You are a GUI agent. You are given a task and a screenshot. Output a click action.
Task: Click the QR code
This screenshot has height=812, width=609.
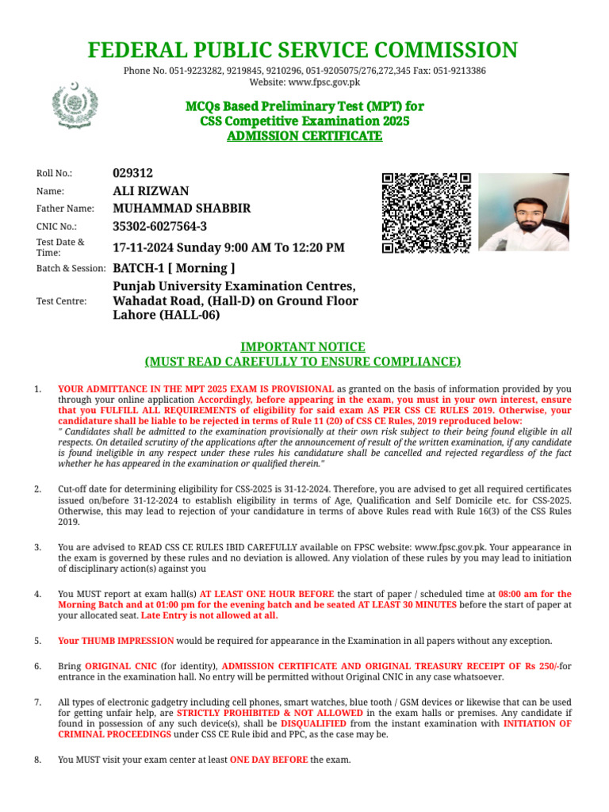coord(427,213)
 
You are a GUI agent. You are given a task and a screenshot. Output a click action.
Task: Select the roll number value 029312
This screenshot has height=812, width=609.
coord(133,173)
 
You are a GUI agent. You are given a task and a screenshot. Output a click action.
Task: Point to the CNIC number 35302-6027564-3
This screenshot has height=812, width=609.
coord(160,227)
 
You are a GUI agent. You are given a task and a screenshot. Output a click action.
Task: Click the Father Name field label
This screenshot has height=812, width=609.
coord(65,209)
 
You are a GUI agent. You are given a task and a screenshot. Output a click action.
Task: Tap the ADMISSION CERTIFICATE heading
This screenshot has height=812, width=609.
coord(304,136)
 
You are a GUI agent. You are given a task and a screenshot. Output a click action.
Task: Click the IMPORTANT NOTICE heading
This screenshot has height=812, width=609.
coord(304,347)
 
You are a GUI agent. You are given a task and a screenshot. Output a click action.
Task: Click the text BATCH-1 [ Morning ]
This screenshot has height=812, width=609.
coord(174,268)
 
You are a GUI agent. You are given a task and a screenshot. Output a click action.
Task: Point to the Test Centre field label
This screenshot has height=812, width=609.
coord(62,301)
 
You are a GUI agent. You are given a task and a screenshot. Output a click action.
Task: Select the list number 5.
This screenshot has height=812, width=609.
coord(37,641)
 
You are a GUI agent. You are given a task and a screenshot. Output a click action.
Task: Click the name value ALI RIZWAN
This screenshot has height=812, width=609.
coord(151,190)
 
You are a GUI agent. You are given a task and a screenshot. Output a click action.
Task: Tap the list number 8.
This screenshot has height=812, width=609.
coord(37,760)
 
